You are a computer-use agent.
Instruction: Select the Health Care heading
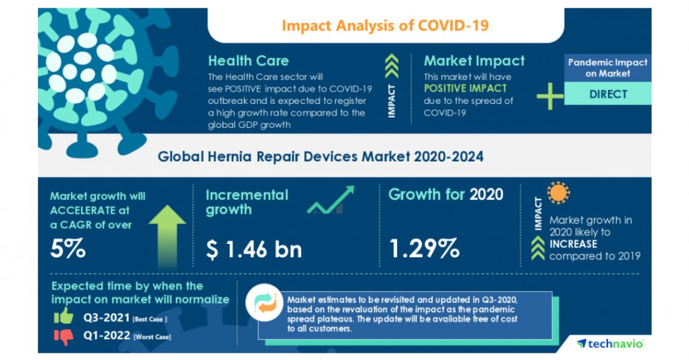[x=248, y=60]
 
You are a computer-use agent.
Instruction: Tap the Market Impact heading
[x=474, y=60]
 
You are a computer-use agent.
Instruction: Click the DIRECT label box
[x=607, y=94]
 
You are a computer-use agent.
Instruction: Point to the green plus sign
[x=549, y=97]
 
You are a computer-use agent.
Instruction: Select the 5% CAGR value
[x=68, y=248]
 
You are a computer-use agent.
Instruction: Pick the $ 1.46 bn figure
[x=254, y=249]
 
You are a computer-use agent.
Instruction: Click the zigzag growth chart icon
[x=330, y=201]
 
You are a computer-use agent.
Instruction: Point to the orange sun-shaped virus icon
[x=558, y=193]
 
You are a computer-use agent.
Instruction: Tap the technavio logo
[x=610, y=343]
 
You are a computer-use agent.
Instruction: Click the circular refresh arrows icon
[x=265, y=303]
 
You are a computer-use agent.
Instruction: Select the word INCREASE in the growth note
[x=573, y=244]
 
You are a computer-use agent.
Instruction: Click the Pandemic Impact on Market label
[x=607, y=68]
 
